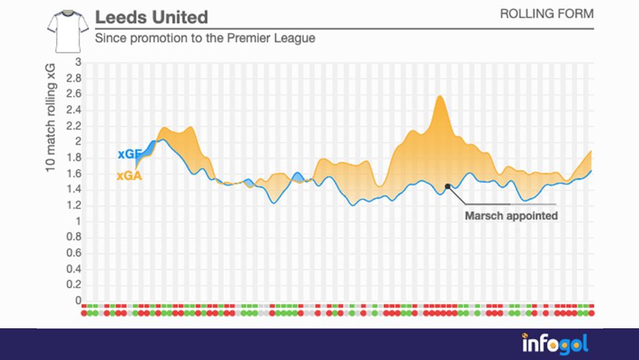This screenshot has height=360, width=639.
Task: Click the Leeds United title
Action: pyautogui.click(x=151, y=16)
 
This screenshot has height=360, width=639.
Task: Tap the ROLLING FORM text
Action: pyautogui.click(x=546, y=14)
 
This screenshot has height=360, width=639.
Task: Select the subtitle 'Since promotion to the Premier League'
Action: pyautogui.click(x=205, y=39)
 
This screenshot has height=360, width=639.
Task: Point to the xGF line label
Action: pyautogui.click(x=129, y=154)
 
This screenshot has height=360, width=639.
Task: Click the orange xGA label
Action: pyautogui.click(x=128, y=175)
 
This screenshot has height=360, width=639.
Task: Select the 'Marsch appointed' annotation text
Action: pyautogui.click(x=511, y=216)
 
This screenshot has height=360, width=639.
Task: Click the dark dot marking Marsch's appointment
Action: pyautogui.click(x=448, y=185)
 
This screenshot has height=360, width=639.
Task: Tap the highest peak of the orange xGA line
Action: pyautogui.click(x=440, y=96)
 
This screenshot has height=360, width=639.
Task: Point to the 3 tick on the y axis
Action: pyautogui.click(x=78, y=62)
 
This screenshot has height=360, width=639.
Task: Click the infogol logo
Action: pyautogui.click(x=554, y=343)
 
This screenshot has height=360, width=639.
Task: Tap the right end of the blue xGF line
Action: pyautogui.click(x=592, y=171)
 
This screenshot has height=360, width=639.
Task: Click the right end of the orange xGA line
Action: pyautogui.click(x=592, y=151)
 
